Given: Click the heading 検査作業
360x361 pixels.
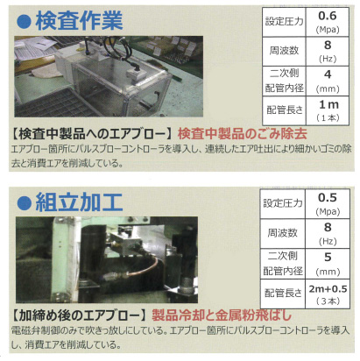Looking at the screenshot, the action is [x=79, y=21].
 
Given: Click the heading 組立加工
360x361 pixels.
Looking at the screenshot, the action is [x=79, y=202].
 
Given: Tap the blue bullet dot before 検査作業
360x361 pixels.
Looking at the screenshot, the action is [x=24, y=22].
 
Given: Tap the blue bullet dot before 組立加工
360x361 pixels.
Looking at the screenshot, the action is [x=24, y=203].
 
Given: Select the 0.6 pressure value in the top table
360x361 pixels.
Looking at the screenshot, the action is [x=328, y=16].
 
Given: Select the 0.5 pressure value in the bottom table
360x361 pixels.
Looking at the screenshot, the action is [x=328, y=198].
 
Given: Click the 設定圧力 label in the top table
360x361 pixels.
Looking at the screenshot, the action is [x=284, y=22].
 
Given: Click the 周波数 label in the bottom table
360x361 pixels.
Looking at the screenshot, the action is [x=282, y=233].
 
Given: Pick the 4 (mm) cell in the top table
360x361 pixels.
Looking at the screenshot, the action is [x=328, y=81].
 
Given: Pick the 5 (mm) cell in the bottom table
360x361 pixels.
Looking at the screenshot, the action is [x=328, y=264].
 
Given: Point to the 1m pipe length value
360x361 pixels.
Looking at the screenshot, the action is [x=328, y=104].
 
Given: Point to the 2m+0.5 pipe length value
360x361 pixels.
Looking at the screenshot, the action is [x=328, y=289].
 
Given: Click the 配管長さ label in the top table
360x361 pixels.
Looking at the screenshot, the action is [x=284, y=110].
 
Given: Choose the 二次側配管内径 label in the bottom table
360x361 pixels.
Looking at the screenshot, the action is [x=282, y=264].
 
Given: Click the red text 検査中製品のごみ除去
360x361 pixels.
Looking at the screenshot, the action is [x=243, y=134].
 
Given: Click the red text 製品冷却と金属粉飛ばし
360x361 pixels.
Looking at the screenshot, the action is [x=222, y=315].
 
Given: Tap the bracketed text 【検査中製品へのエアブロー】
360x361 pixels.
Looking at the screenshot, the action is [x=93, y=134].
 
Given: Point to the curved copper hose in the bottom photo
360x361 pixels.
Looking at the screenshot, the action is [x=144, y=270].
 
